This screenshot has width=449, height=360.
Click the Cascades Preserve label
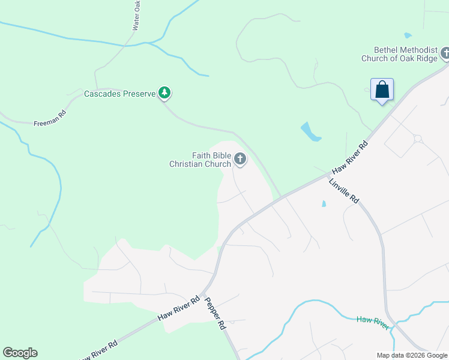(x=119, y=94)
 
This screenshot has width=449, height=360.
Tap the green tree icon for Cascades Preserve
(x=164, y=92)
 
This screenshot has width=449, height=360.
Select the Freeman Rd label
(x=50, y=118)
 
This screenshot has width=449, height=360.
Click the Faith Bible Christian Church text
(x=200, y=159)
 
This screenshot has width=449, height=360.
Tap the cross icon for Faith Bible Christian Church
(x=240, y=159)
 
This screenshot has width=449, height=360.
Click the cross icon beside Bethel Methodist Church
(x=445, y=54)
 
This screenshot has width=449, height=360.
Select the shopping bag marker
(x=382, y=91)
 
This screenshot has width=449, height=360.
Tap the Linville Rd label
(x=343, y=191)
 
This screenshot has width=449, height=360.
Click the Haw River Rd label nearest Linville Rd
(x=349, y=158)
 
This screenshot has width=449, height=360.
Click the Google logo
(x=20, y=353)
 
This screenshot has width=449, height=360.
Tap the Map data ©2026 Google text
(x=411, y=355)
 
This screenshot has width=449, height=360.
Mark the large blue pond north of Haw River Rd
(x=310, y=131)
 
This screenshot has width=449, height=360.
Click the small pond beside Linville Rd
(x=324, y=204)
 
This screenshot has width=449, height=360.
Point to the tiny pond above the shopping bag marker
(x=408, y=35)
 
